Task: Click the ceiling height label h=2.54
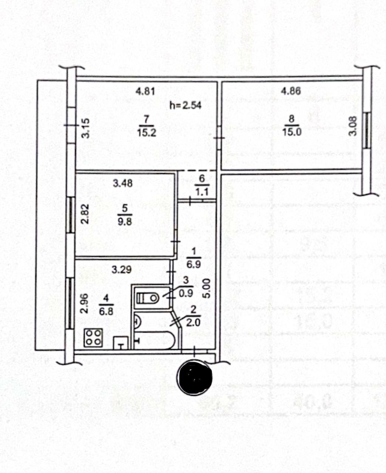click(x=185, y=105)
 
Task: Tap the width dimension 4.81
click(x=145, y=91)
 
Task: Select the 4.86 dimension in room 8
click(x=291, y=91)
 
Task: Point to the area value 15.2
click(x=146, y=133)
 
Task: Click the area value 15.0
click(x=292, y=132)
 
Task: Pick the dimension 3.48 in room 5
click(x=123, y=183)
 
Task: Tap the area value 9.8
click(x=125, y=222)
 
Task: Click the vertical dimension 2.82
click(x=85, y=214)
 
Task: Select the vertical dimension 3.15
click(x=85, y=128)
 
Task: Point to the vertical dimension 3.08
click(x=353, y=126)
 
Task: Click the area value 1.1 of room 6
click(x=202, y=192)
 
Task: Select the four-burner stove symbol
click(x=94, y=338)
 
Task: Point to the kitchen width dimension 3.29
click(x=121, y=270)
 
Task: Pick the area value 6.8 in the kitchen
click(x=106, y=312)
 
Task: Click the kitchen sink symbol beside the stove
click(x=121, y=343)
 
